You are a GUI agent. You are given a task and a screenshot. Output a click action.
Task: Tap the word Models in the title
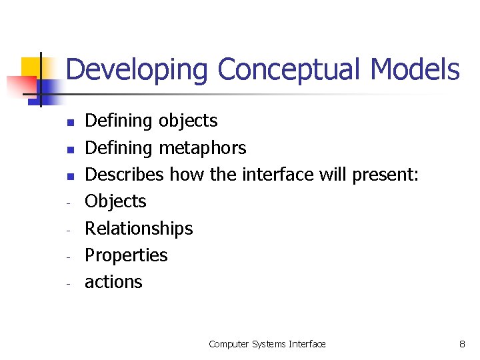click(415, 69)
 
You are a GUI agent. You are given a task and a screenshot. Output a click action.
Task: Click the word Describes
click(125, 175)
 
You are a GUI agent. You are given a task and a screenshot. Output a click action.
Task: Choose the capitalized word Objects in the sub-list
click(115, 201)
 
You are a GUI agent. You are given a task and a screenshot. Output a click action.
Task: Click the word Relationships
click(139, 229)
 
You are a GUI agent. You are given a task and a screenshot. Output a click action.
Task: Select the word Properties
click(126, 255)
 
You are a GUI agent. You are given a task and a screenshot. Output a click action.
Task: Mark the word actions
click(113, 282)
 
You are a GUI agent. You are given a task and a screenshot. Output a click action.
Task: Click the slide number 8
click(462, 344)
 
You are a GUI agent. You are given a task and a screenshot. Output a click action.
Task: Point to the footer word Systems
click(269, 344)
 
